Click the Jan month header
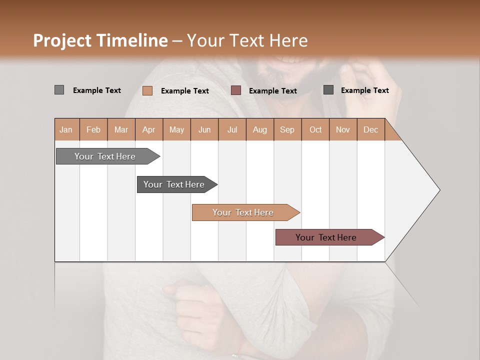(x=66, y=129)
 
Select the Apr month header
(x=149, y=129)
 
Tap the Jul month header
(x=232, y=129)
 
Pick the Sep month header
(x=287, y=129)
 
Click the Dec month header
(x=370, y=129)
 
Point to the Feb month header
(x=93, y=129)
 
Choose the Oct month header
(x=315, y=129)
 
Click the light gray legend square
(x=59, y=90)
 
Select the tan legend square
(x=147, y=90)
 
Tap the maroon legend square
(x=236, y=90)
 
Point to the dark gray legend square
(x=328, y=90)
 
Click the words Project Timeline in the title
(x=100, y=40)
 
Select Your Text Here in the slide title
(x=247, y=40)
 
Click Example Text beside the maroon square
(x=273, y=90)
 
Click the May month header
(x=176, y=129)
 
